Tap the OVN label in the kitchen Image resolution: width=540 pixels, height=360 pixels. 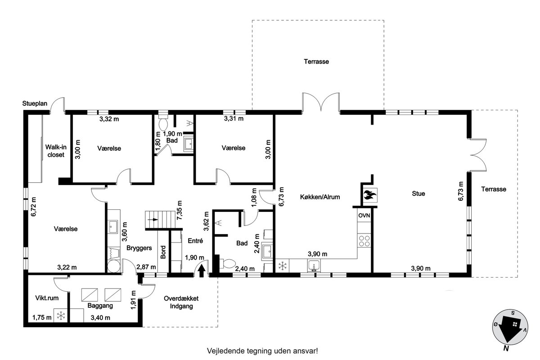[364, 215]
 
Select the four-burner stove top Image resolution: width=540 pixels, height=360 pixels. [364, 241]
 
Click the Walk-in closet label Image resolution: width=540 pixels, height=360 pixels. [56, 151]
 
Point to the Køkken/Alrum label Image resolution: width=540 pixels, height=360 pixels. [320, 197]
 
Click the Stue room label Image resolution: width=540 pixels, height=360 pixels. [418, 193]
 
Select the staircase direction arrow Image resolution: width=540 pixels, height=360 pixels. [153, 220]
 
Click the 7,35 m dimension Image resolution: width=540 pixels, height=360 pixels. [180, 210]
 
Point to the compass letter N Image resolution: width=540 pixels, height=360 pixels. [506, 348]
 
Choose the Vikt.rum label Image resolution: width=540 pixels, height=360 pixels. [47, 298]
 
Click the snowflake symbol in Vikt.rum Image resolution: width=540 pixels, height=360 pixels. [61, 315]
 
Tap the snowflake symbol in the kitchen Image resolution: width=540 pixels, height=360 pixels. [282, 266]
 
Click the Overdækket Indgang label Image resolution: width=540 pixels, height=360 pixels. [181, 302]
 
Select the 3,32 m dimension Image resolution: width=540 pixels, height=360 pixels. [109, 119]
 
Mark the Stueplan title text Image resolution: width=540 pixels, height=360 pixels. [35, 103]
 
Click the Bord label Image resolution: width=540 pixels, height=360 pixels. [163, 252]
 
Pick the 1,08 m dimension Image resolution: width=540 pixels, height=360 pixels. [254, 198]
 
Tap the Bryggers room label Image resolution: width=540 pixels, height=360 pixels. [139, 248]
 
